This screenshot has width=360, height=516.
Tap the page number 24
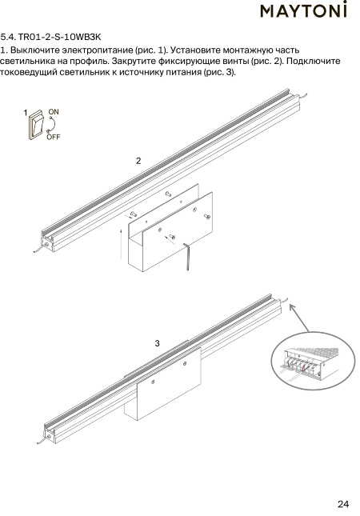[343, 504]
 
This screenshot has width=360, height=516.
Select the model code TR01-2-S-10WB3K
[59, 37]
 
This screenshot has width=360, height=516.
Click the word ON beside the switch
[54, 112]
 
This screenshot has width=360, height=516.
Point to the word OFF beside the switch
[54, 137]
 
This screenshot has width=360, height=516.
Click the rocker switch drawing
[36, 125]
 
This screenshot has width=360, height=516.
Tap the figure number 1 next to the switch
[26, 113]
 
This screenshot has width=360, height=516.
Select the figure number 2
[138, 161]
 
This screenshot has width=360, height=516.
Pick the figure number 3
[158, 343]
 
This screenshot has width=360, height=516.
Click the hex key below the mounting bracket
[186, 257]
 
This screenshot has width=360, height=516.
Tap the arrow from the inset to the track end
[299, 318]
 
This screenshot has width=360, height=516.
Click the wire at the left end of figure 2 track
[40, 249]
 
